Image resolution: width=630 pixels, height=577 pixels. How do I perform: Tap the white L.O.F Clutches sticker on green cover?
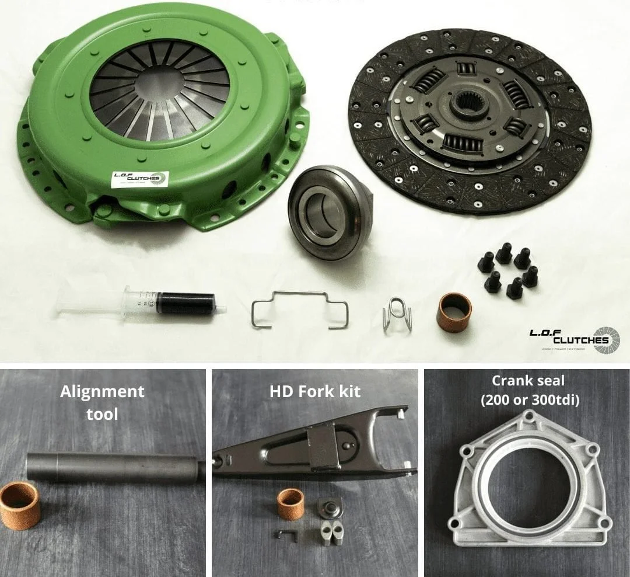click(140, 179)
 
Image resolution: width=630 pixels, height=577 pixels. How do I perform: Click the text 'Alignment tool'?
click(102, 402)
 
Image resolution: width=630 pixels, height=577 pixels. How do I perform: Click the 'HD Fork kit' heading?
click(315, 391)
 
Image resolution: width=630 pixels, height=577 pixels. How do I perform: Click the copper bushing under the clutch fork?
click(290, 504)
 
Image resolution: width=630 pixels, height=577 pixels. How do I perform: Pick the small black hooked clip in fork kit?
click(287, 534)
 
